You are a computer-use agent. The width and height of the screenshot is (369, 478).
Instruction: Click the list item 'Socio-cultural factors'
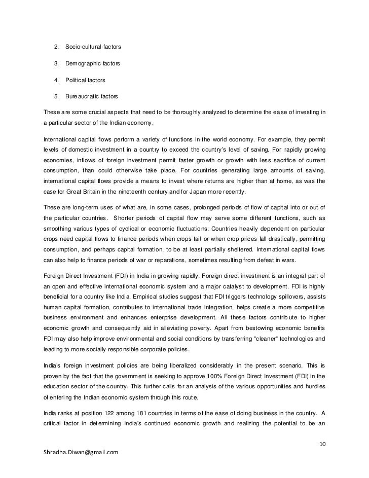[x=93, y=48]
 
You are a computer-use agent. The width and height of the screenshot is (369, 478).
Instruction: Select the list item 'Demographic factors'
[x=92, y=64]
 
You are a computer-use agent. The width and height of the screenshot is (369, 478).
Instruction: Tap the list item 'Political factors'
[x=85, y=80]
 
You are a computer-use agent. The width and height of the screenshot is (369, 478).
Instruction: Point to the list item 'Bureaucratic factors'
[x=91, y=96]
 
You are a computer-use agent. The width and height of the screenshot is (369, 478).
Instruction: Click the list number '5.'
[x=56, y=96]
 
